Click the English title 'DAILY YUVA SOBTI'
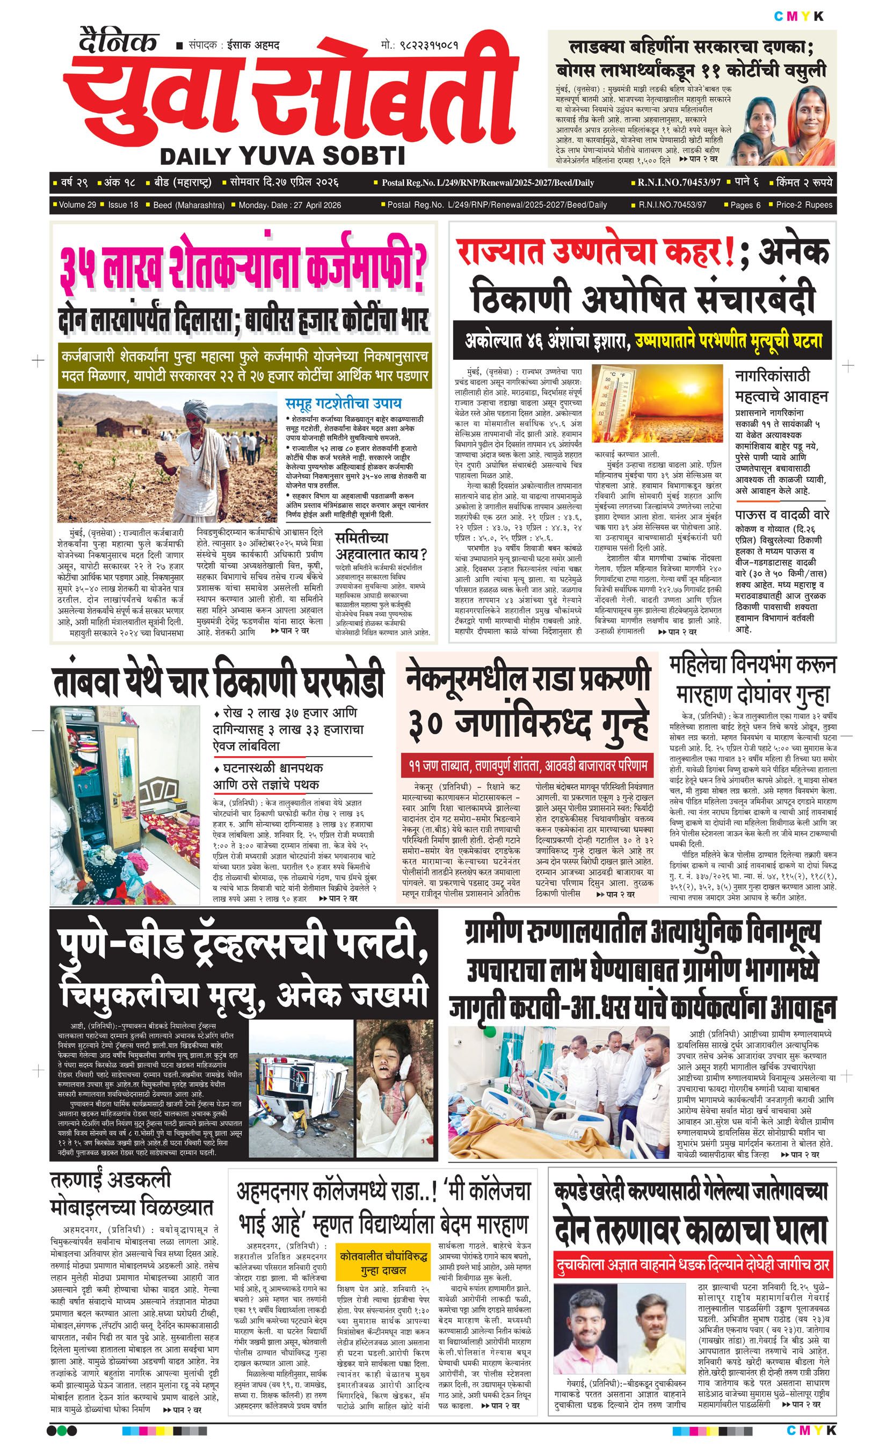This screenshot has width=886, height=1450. point(282,156)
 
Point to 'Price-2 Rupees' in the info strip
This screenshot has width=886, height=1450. point(804,205)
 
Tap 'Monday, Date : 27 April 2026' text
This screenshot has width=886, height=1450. point(289,205)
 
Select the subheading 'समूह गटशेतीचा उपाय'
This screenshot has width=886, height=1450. point(344,403)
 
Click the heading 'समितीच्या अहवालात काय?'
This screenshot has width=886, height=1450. point(381,546)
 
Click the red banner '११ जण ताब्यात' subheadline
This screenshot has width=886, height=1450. point(527,766)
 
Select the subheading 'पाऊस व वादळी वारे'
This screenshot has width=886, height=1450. point(782,514)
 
